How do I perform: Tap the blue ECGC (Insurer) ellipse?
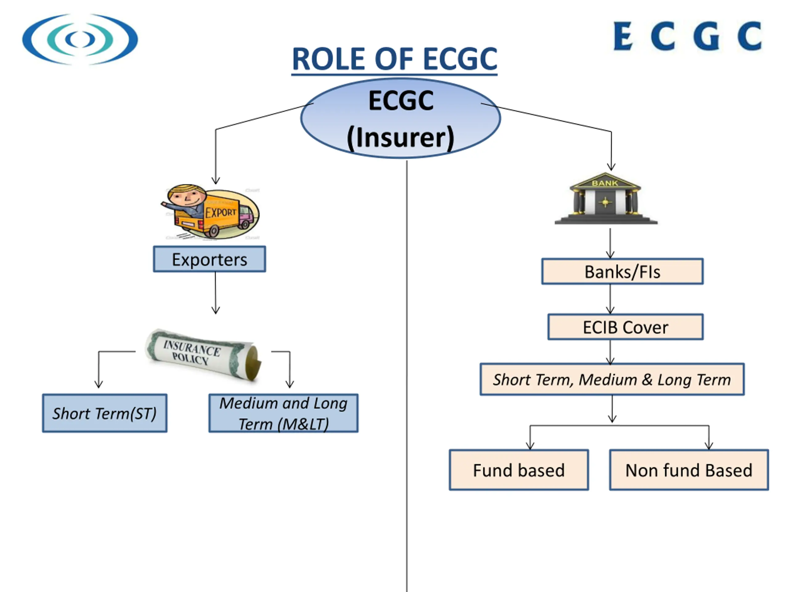[400, 118]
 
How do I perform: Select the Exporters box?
[209, 259]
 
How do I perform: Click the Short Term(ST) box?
[104, 413]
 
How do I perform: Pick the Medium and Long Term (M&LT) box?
[284, 413]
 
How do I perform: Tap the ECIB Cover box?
[626, 327]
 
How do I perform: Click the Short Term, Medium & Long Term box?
[612, 379]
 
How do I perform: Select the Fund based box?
[519, 470]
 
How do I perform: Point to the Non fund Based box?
[689, 470]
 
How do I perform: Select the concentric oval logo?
[80, 39]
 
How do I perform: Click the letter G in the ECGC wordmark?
[706, 36]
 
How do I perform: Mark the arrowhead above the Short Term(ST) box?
[99, 384]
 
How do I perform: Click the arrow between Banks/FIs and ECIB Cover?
[610, 299]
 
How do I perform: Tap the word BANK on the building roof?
[605, 183]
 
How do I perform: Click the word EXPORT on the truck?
[221, 212]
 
